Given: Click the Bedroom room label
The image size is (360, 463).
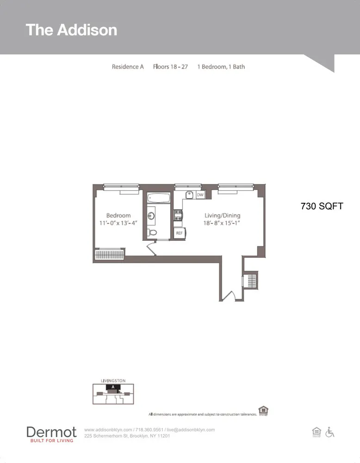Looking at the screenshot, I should point(118,215).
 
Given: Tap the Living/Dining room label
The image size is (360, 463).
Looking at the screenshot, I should point(223,215).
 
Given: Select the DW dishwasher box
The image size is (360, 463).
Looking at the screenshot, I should point(200,195).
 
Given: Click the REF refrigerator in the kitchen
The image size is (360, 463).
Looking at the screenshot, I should point(179,233).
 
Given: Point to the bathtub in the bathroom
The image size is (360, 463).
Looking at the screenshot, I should point(159,199).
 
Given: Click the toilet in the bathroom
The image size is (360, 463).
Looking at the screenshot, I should point(152,232).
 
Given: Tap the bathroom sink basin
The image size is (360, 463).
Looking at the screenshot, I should point(151,215).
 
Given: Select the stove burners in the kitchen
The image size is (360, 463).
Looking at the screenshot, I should point(178,214).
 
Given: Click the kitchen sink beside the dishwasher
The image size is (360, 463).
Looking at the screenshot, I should point(189,195).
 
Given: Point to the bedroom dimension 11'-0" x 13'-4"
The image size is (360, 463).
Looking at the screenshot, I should point(118,223).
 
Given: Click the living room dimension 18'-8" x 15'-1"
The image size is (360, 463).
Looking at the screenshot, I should point(223,223).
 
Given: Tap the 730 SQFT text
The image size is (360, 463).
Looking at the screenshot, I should point(322,206).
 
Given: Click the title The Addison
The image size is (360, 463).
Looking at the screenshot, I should point(71,30).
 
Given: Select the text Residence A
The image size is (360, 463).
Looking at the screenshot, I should point(128,67).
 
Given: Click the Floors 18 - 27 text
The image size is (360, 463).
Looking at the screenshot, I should point(170,67).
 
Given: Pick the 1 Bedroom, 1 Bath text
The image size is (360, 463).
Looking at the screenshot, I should point(221,67).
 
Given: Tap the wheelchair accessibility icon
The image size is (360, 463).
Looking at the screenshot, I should point(330,432).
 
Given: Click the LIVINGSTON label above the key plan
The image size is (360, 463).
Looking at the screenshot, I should point(113,381).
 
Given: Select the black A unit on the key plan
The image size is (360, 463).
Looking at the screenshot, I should point(113,387).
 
